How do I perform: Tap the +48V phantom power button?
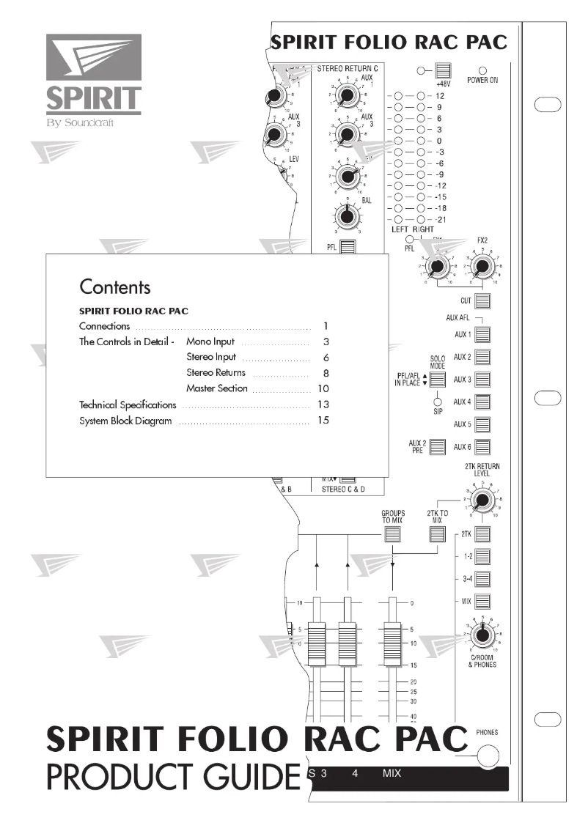click(x=442, y=72)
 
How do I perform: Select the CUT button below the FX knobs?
click(x=482, y=301)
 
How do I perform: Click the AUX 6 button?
click(x=482, y=446)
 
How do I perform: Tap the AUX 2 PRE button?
click(x=438, y=446)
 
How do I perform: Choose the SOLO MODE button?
click(x=438, y=380)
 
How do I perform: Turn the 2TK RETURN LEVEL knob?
click(x=481, y=501)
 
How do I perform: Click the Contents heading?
click(x=114, y=287)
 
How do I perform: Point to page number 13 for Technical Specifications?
click(x=323, y=405)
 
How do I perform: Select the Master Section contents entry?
click(x=216, y=388)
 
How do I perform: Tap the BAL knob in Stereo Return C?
click(x=346, y=215)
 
